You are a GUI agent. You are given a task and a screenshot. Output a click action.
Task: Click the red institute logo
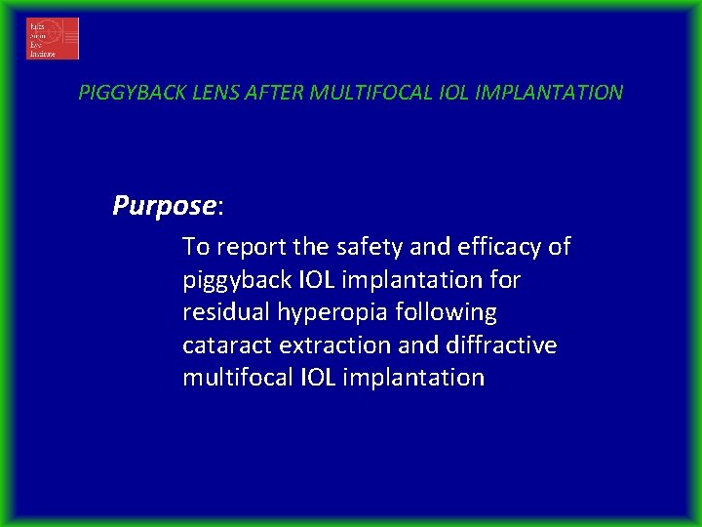(53, 39)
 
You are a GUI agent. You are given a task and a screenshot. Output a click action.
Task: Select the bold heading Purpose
(164, 205)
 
